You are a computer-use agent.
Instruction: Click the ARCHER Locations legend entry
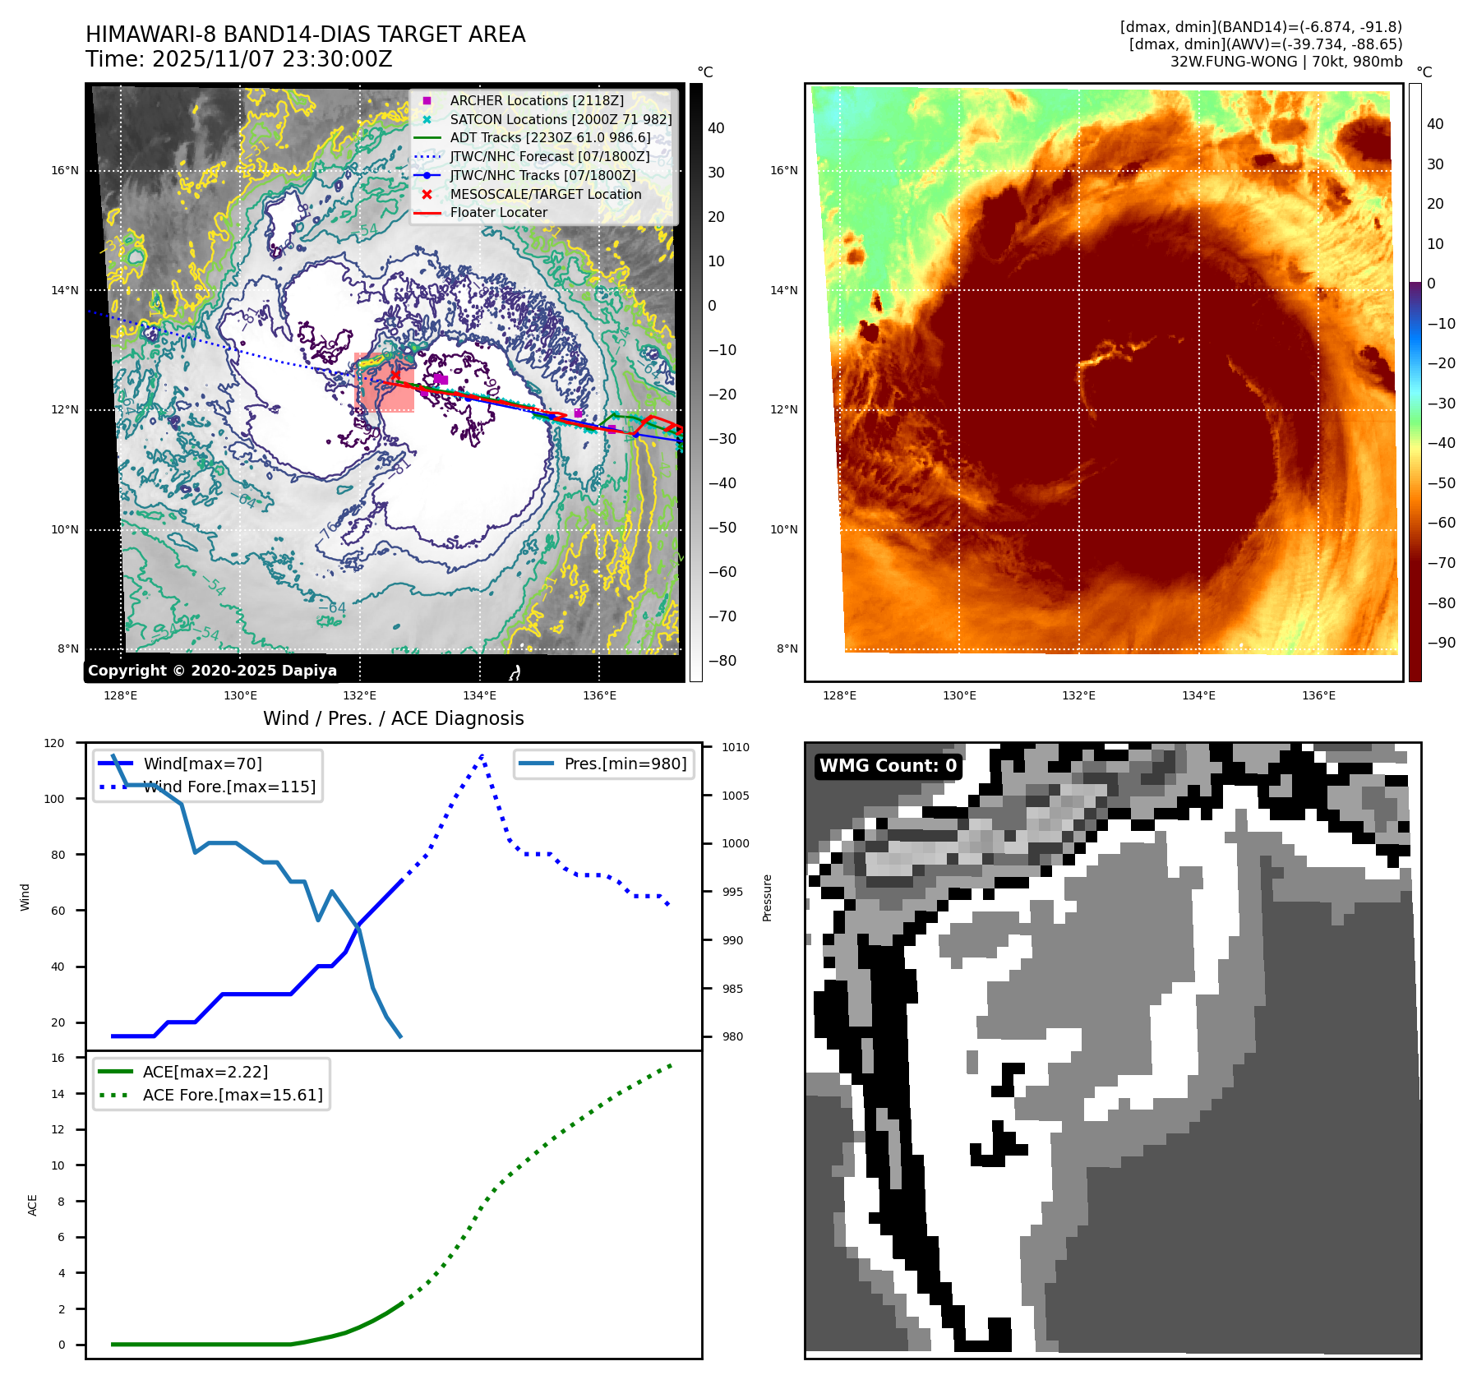click(536, 100)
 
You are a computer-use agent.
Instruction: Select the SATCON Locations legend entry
click(561, 119)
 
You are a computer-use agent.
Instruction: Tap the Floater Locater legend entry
click(498, 212)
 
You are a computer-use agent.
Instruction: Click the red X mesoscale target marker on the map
click(395, 376)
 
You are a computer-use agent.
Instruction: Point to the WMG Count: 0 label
click(888, 766)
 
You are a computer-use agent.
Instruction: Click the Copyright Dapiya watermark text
click(212, 671)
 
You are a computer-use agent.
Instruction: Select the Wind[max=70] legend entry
click(202, 764)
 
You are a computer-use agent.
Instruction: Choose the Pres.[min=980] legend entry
click(625, 764)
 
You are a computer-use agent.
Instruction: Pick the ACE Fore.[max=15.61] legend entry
click(233, 1095)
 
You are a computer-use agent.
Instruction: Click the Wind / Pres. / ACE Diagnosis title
click(393, 718)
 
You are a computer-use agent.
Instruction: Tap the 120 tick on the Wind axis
click(54, 743)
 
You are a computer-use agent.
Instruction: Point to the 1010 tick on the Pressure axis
click(736, 747)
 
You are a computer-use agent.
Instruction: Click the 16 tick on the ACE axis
click(58, 1058)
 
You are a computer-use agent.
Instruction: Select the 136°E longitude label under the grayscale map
click(599, 695)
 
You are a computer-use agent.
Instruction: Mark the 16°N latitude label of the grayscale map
click(65, 171)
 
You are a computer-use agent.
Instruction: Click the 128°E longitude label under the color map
click(839, 695)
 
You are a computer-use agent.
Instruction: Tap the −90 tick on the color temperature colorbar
click(1441, 643)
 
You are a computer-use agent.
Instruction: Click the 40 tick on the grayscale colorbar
click(716, 128)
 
